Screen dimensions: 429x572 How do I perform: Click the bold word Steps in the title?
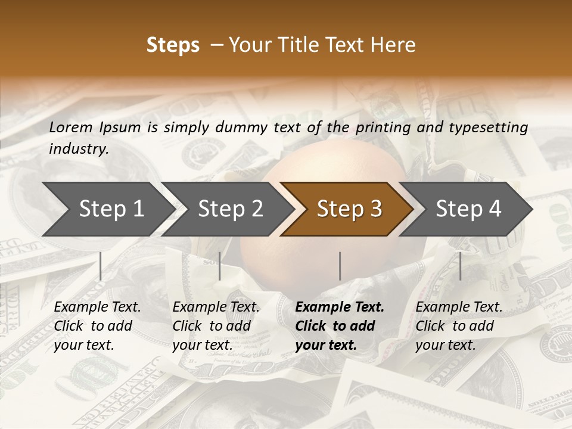[173, 45]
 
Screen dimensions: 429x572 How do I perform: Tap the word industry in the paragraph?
[79, 149]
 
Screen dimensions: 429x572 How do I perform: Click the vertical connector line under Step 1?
[100, 266]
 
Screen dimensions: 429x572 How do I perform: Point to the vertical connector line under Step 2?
[220, 266]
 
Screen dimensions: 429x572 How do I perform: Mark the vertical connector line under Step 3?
[340, 266]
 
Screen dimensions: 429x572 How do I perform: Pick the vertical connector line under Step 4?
[460, 266]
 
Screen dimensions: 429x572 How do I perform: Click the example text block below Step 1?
[97, 326]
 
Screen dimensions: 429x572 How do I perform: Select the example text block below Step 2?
[216, 326]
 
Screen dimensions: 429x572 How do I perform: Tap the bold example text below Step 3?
[339, 326]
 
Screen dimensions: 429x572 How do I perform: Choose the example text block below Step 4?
[459, 326]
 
